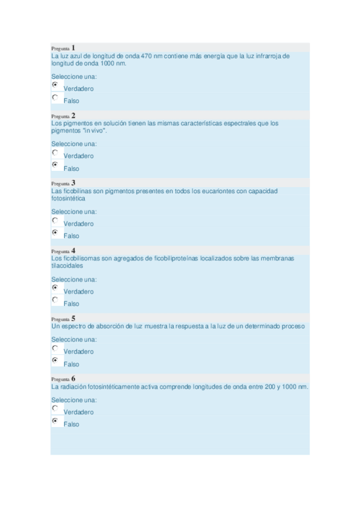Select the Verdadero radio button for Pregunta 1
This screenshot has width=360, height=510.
(x=55, y=85)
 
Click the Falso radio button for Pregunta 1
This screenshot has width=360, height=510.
(x=55, y=97)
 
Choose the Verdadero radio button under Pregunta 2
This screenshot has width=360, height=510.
(x=55, y=152)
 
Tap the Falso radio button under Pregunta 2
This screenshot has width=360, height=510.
(x=55, y=164)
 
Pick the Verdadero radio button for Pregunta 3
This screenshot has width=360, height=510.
(x=55, y=220)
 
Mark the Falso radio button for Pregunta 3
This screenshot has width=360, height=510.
(x=55, y=232)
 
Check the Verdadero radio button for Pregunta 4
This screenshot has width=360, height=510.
(x=55, y=287)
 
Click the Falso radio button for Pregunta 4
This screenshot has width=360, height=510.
(x=55, y=300)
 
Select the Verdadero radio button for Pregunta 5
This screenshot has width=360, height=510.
(x=55, y=348)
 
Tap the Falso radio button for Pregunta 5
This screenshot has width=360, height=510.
(x=55, y=360)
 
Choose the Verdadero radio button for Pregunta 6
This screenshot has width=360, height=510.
(x=55, y=408)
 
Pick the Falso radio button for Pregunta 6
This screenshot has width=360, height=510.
(x=55, y=420)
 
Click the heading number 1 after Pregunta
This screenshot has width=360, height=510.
(x=73, y=48)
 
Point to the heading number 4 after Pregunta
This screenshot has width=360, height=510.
(x=73, y=251)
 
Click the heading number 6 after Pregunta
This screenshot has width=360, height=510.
(x=73, y=378)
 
